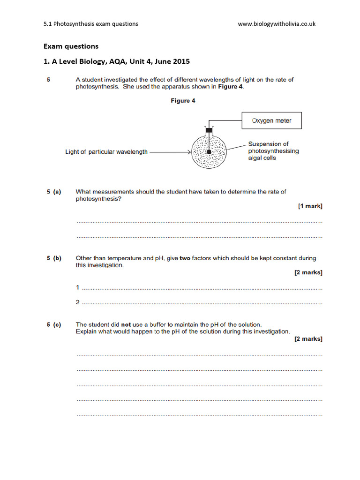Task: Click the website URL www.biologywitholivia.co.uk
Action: point(277,24)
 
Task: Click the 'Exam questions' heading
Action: point(71,46)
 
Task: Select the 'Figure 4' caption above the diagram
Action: point(183,101)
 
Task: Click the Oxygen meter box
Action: point(271,120)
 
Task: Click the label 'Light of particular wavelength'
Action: point(106,152)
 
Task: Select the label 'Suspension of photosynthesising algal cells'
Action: point(273,151)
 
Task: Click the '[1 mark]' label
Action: point(310,206)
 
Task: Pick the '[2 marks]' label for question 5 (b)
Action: point(308,272)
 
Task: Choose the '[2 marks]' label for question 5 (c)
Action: point(308,339)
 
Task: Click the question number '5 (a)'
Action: point(54,192)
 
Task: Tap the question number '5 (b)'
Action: point(54,258)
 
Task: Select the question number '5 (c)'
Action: point(54,324)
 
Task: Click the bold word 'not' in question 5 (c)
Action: point(127,324)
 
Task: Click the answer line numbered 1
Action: point(202,288)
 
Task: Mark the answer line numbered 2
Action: point(202,303)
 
